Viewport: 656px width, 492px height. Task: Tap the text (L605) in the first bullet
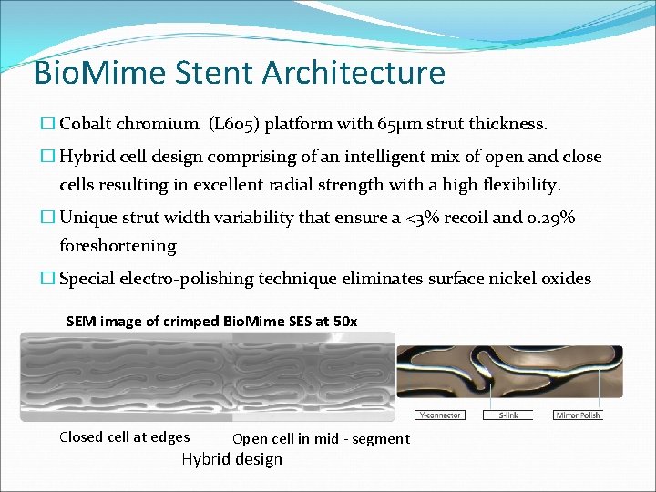[x=239, y=125]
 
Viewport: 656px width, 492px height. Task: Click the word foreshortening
[x=118, y=246]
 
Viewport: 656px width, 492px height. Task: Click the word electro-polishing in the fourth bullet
[x=184, y=279]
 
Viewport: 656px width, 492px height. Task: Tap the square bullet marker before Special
[x=48, y=279]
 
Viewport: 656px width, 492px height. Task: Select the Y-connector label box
[x=440, y=415]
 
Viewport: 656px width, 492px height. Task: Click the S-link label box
[x=509, y=415]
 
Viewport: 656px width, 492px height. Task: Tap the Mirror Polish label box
[x=579, y=415]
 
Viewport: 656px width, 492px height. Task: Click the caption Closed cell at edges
[x=125, y=437]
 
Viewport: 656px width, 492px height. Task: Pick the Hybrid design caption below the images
[x=231, y=459]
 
